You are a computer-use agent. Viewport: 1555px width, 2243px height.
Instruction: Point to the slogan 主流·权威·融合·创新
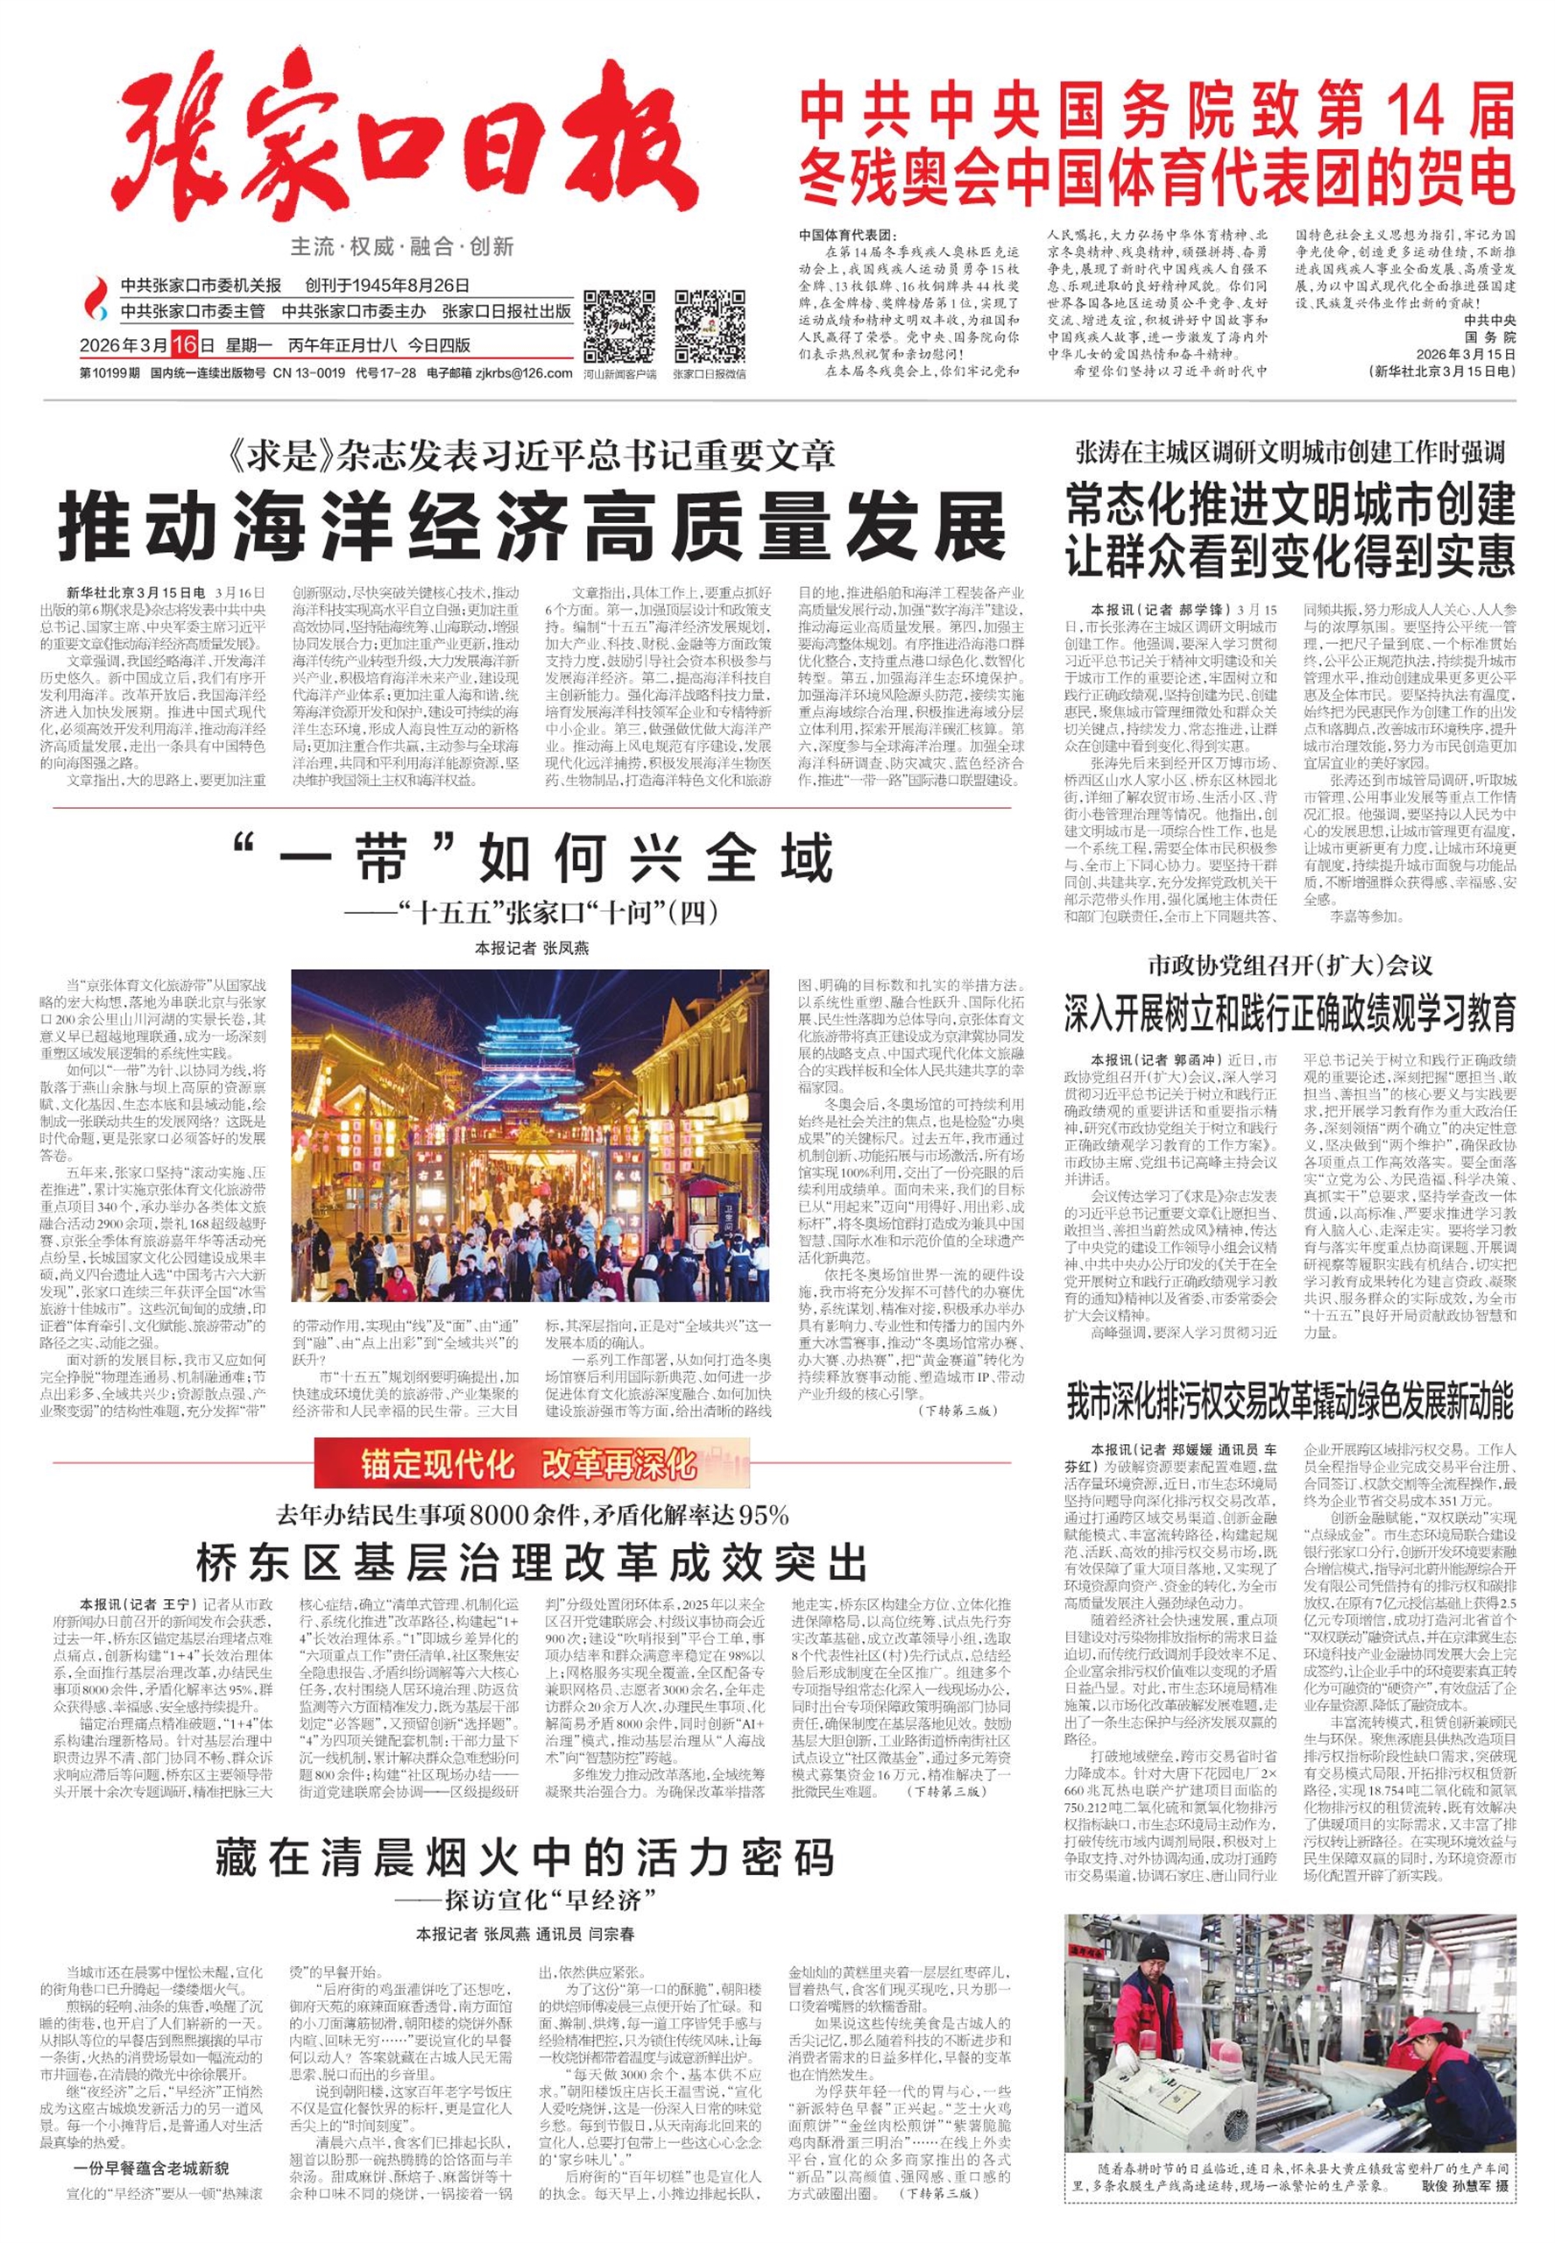point(401,246)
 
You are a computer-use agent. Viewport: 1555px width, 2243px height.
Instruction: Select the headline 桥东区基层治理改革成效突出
point(531,1563)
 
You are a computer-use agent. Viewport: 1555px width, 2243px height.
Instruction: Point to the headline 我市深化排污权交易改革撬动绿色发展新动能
point(1289,1400)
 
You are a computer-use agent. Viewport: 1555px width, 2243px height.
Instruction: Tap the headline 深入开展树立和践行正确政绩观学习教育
point(1289,1015)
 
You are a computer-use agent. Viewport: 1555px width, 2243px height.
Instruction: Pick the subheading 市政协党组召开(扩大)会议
point(1289,966)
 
